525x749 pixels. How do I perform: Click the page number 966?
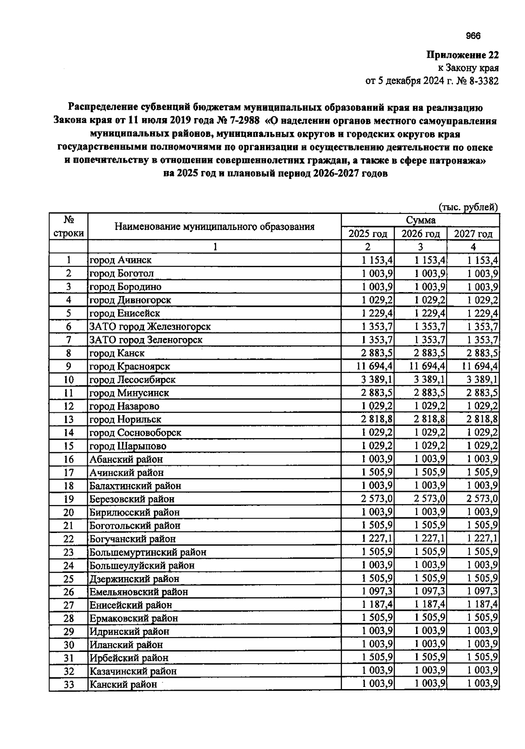[x=473, y=36]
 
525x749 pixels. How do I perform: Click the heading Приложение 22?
[x=462, y=56]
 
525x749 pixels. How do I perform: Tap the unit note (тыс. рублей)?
[x=468, y=207]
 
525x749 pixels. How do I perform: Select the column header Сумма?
[x=420, y=220]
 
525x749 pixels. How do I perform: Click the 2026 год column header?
[x=420, y=234]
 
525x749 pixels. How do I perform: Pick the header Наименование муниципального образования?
[x=214, y=226]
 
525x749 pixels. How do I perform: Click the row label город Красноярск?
[x=130, y=366]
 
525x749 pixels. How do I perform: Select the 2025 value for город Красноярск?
[x=375, y=366]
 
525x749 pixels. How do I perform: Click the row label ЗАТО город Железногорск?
[x=150, y=327]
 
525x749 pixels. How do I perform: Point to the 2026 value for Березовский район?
[x=430, y=499]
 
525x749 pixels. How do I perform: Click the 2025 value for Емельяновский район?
[x=377, y=592]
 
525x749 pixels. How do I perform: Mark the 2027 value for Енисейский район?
[x=482, y=605]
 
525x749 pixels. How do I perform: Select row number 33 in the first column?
[x=69, y=685]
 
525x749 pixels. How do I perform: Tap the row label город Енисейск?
[x=125, y=314]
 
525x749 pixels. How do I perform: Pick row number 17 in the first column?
[x=69, y=473]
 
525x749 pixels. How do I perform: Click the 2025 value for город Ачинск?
[x=377, y=260]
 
